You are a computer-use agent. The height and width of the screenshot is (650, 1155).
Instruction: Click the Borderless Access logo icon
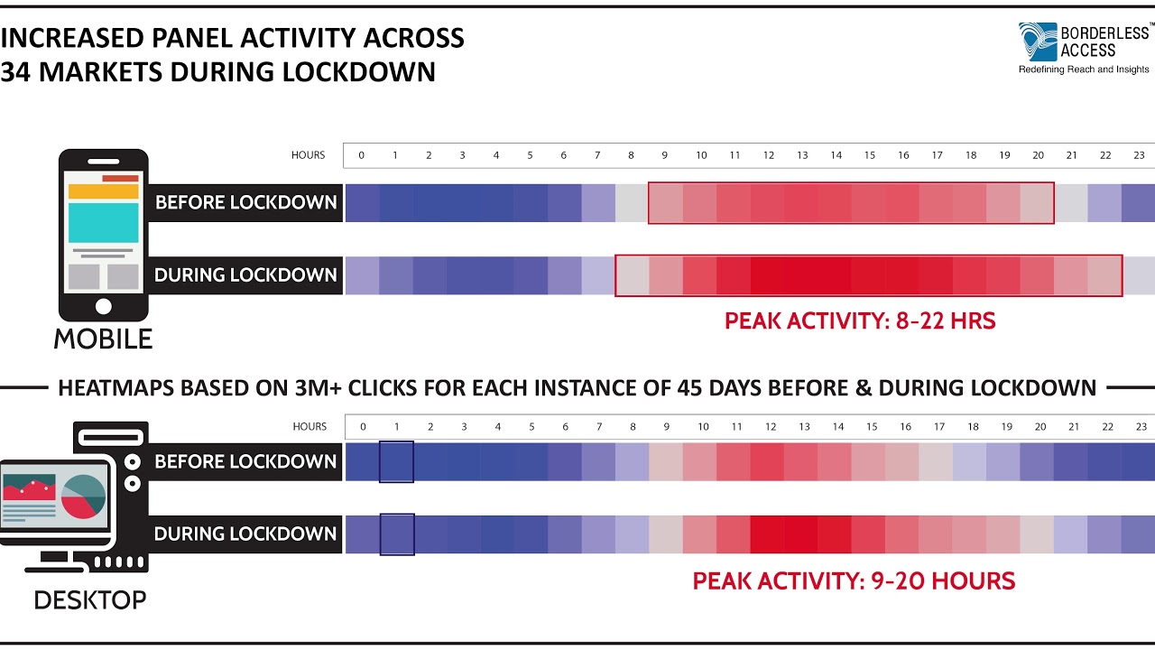[1037, 42]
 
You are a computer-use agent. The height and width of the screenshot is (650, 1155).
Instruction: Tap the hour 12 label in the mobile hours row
[769, 155]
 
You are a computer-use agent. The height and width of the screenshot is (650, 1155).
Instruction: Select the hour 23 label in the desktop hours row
[1141, 426]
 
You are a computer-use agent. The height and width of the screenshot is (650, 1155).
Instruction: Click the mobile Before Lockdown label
[245, 202]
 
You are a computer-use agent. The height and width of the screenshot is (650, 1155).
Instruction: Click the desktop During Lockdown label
[245, 534]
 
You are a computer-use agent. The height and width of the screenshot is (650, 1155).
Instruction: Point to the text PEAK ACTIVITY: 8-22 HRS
[860, 321]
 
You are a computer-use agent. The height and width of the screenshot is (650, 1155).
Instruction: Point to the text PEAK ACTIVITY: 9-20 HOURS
[854, 580]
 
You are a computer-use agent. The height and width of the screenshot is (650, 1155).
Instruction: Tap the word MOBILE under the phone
[103, 339]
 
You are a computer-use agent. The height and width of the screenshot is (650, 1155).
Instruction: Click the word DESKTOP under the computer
[90, 599]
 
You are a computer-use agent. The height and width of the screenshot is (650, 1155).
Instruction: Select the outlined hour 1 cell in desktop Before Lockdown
[397, 461]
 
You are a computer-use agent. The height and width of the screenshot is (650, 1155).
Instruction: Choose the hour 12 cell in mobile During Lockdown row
[768, 275]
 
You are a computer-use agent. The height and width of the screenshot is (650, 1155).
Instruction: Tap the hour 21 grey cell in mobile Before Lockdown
[1071, 202]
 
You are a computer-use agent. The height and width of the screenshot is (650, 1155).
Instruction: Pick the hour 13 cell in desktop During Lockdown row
[802, 534]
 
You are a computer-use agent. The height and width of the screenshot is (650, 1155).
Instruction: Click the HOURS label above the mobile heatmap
[308, 155]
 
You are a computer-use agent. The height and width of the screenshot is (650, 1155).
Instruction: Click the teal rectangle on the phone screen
[103, 222]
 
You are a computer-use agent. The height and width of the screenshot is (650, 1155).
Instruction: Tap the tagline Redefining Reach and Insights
[1084, 70]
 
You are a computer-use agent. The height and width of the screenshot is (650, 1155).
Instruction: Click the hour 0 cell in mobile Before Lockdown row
[362, 202]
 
